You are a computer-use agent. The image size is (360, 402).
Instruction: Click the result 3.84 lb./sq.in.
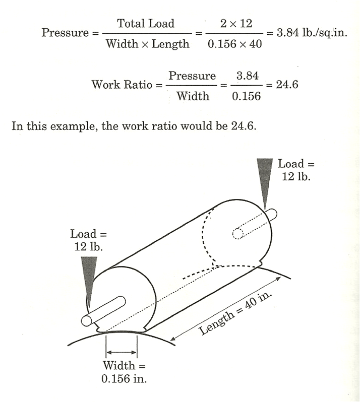coord(312,33)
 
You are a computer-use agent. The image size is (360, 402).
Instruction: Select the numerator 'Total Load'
coord(146,24)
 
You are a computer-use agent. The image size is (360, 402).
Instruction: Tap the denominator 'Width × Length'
coord(148,44)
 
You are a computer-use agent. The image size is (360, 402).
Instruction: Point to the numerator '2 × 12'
coord(236,24)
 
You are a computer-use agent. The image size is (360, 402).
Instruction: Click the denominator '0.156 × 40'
coord(234,44)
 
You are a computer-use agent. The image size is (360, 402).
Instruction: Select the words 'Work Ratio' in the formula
coord(122,85)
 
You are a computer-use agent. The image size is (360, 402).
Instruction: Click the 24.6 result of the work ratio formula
coord(287,85)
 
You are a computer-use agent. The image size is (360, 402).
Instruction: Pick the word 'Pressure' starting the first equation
coord(65,33)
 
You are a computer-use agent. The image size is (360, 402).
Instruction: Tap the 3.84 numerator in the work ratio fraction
coord(248,76)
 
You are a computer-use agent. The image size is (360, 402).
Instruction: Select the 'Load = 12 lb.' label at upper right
coord(296,170)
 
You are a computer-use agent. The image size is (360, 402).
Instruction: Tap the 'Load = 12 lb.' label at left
coord(89,240)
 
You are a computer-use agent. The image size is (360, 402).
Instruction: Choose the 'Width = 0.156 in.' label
coord(124,372)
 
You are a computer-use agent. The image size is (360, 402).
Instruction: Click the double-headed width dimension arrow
coord(122,352)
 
